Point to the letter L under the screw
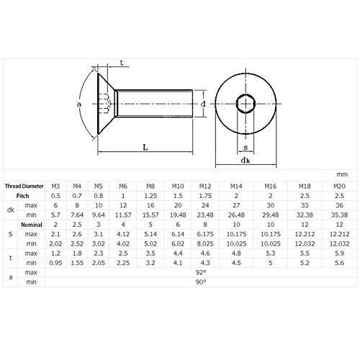[146, 147]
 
